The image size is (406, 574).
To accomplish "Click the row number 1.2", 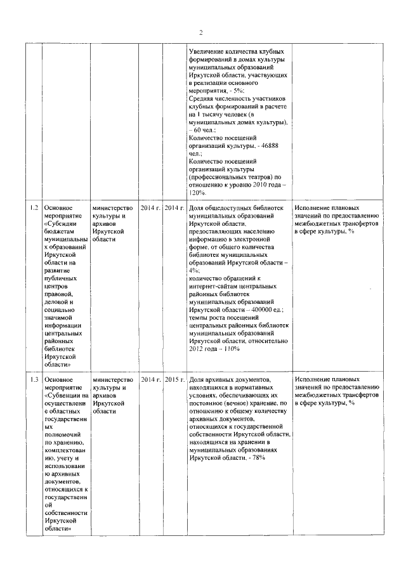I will click(x=34, y=208).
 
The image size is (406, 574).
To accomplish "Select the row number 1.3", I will click(x=34, y=379).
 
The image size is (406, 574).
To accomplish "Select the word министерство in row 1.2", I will click(x=113, y=208).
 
